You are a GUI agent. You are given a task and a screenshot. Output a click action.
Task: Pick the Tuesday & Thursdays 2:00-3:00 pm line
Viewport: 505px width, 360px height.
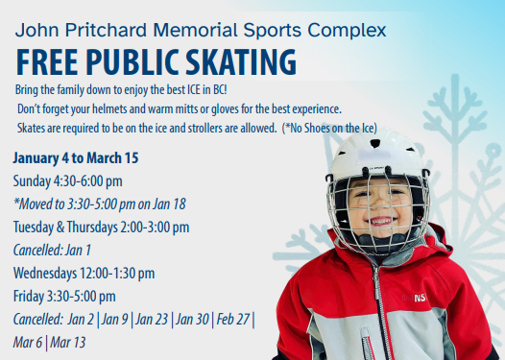point(101,228)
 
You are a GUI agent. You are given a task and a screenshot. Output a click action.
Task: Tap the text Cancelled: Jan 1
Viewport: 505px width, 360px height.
point(52,251)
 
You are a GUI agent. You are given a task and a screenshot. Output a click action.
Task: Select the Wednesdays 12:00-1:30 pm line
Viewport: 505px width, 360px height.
point(84,274)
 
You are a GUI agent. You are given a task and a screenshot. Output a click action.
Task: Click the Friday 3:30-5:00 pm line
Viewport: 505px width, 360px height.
point(64,297)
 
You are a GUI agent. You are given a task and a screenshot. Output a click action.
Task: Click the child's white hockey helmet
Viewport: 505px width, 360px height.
point(374,154)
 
